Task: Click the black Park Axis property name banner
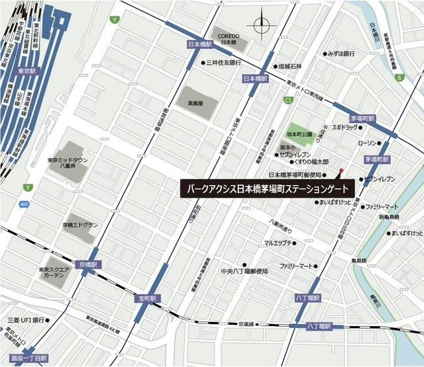pos(268,187)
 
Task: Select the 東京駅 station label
pos(28,71)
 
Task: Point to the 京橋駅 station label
pos(87,264)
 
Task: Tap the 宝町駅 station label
pos(147,299)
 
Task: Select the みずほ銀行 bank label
pos(342,54)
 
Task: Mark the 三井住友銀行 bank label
pos(228,63)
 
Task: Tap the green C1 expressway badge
pos(288,100)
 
